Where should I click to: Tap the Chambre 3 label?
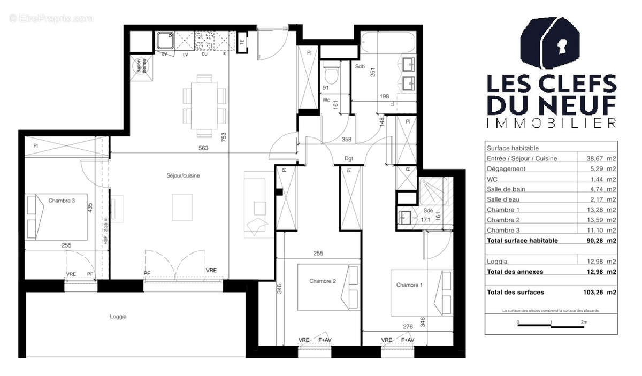click(x=62, y=201)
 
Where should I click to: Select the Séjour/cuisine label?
click(x=182, y=175)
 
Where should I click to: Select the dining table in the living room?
click(x=204, y=105)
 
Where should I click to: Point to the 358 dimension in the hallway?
click(x=347, y=140)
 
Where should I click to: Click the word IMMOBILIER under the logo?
click(x=552, y=123)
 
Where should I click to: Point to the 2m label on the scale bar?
click(x=584, y=323)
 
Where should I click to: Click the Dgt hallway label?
click(x=349, y=158)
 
